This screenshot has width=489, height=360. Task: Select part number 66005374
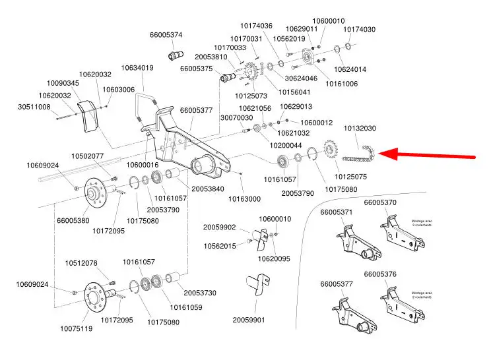166,35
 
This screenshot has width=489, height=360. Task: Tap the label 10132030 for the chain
360,128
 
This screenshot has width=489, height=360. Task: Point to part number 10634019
137,68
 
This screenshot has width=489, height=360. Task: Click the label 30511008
34,107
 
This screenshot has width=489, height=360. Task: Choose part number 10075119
76,328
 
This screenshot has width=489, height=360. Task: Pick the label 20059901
248,320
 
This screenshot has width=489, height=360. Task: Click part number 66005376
380,274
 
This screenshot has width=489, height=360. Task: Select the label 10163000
245,198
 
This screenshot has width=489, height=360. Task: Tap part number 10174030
360,29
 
